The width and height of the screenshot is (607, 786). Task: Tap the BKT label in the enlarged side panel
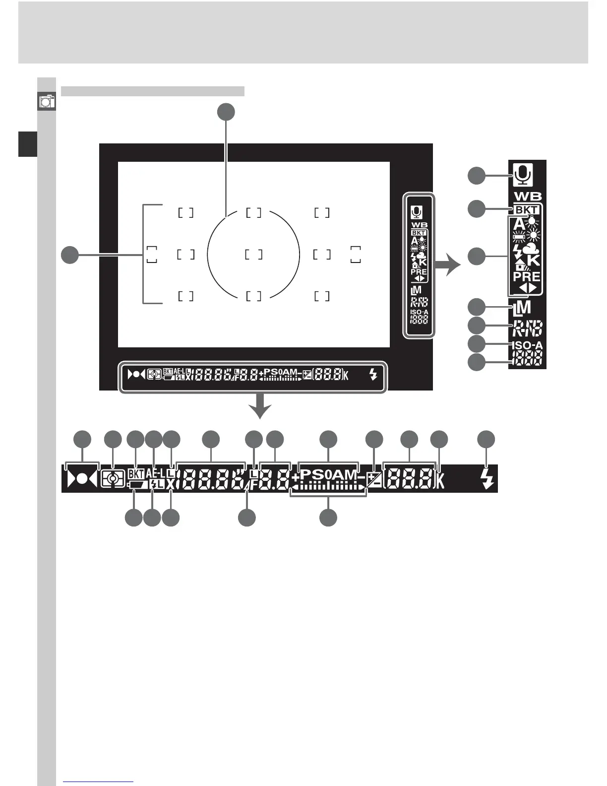pyautogui.click(x=526, y=210)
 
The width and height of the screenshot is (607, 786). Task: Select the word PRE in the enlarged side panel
pyautogui.click(x=527, y=276)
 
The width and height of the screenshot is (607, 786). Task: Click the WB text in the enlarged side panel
pyautogui.click(x=528, y=196)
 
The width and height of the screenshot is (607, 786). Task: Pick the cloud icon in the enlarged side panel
pyautogui.click(x=530, y=248)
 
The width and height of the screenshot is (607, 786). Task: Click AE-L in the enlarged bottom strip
pyautogui.click(x=155, y=473)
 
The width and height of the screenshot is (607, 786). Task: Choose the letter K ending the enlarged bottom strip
pyautogui.click(x=440, y=480)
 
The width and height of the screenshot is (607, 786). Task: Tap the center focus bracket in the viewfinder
pyautogui.click(x=253, y=255)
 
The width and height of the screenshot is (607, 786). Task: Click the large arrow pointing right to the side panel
pyautogui.click(x=448, y=264)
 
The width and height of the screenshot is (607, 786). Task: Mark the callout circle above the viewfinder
pyautogui.click(x=226, y=112)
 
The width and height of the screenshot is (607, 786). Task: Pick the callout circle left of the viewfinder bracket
pyautogui.click(x=70, y=255)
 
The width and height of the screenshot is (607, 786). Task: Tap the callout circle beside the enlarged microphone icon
pyautogui.click(x=477, y=176)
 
